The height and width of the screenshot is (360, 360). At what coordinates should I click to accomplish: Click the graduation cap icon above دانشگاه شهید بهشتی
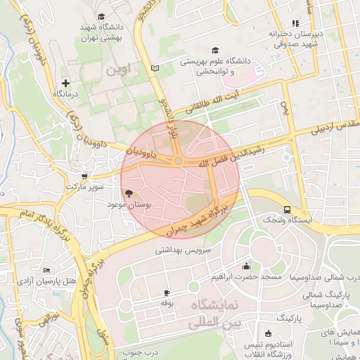point(101,16)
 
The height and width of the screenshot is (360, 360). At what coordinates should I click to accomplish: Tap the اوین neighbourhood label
point(118,71)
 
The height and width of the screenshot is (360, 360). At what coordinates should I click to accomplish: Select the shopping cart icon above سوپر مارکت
point(84,177)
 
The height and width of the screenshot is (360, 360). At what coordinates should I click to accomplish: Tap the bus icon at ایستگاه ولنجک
point(287,210)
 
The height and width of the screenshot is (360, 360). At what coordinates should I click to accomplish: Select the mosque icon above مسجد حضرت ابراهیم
point(246,266)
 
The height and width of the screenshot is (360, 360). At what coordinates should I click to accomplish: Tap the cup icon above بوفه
point(167,292)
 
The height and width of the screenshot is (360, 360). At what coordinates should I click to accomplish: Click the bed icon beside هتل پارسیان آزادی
point(46,271)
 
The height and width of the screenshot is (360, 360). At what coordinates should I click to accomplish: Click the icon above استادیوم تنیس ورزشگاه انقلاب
point(268,333)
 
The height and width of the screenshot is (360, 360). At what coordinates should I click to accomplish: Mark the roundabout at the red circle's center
point(179,161)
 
